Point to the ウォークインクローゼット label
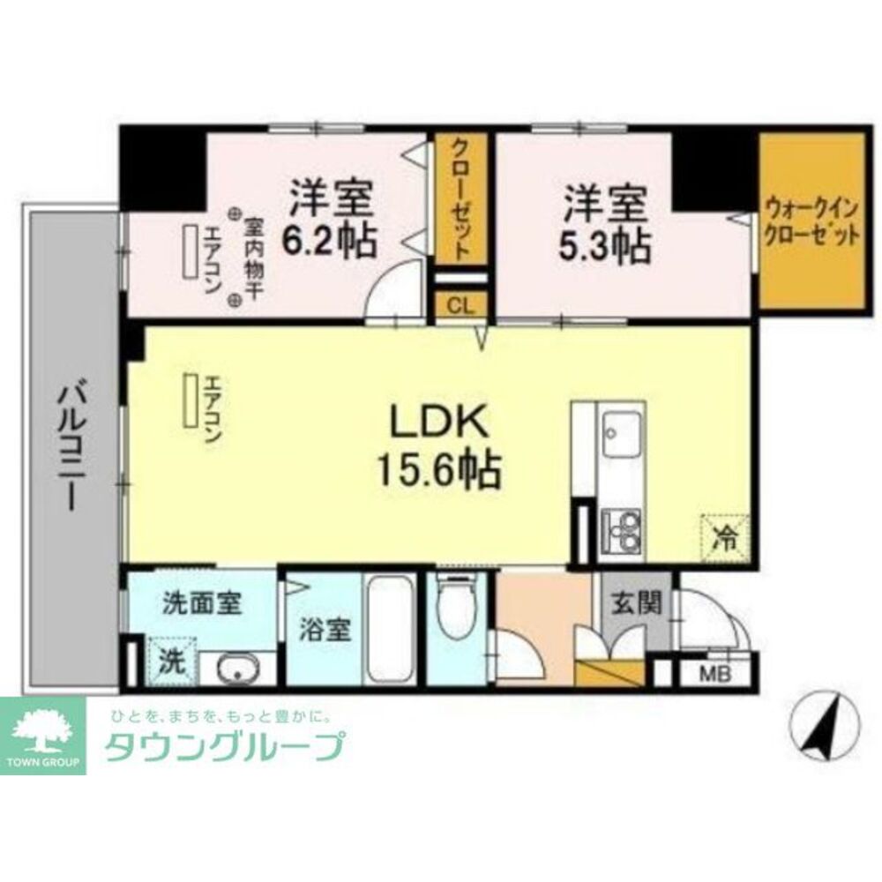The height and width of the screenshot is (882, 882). pyautogui.click(x=811, y=223)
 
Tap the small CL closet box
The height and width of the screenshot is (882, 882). pyautogui.click(x=460, y=306)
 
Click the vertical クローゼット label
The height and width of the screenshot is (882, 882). pyautogui.click(x=460, y=198)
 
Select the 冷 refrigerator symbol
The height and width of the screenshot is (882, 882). pyautogui.click(x=724, y=536)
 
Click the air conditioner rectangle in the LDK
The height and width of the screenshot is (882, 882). pyautogui.click(x=190, y=401)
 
